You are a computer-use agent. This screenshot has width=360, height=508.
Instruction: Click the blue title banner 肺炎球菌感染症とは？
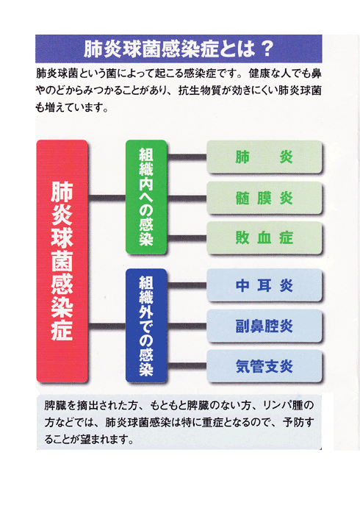[179, 49]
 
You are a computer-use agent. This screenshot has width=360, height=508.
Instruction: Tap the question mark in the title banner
[267, 49]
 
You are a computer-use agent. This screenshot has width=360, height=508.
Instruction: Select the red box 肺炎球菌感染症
[62, 261]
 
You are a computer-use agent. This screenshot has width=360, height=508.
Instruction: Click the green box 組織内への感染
[146, 196]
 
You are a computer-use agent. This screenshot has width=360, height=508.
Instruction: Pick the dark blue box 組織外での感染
[146, 326]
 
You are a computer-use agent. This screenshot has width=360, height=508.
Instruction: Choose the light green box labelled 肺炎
[264, 157]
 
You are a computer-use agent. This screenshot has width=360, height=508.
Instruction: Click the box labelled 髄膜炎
[264, 198]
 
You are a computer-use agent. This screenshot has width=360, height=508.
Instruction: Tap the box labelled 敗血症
[264, 237]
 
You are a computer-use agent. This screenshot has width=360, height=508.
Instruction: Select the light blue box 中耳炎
[264, 285]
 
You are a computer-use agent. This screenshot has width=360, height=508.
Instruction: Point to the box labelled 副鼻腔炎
[264, 326]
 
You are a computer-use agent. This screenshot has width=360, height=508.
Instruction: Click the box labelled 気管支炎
[264, 366]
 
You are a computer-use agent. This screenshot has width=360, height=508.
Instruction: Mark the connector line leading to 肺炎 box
[187, 157]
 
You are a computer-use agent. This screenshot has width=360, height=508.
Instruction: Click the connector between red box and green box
[107, 198]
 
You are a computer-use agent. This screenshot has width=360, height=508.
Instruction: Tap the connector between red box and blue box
[107, 326]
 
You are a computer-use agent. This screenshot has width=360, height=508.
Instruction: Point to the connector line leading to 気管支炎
[187, 366]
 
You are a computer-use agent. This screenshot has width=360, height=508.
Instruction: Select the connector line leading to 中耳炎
[187, 285]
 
